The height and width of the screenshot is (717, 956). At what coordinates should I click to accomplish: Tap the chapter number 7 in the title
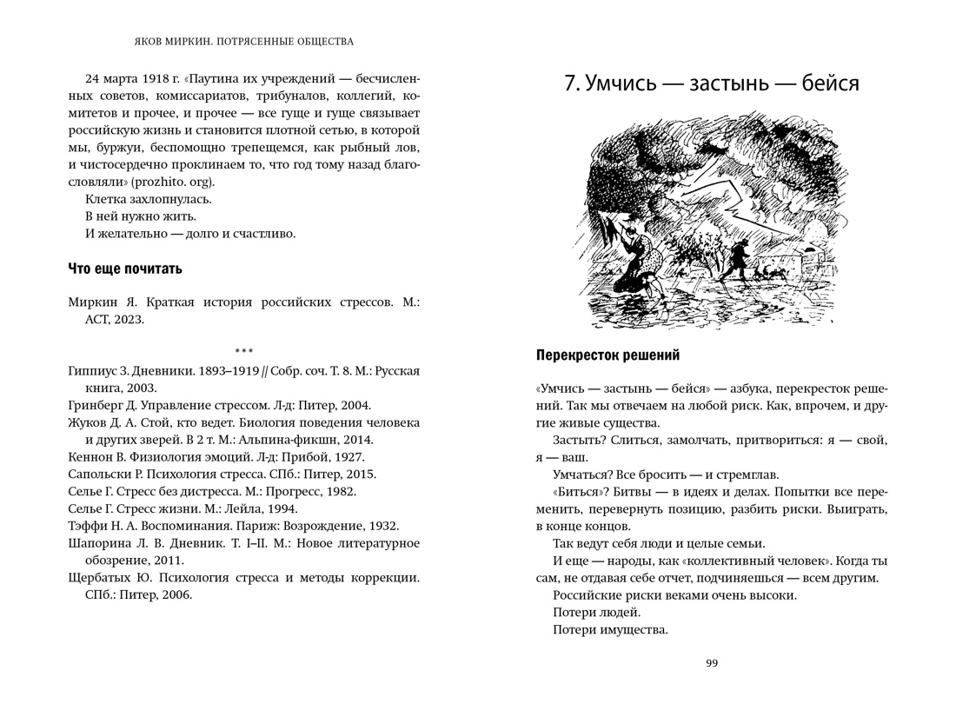570,83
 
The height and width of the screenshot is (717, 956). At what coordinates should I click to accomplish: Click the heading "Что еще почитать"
125,268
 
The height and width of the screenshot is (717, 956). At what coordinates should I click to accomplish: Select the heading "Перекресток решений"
607,355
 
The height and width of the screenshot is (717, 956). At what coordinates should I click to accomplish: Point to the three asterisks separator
243,351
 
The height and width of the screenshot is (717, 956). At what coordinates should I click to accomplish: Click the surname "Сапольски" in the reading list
98,475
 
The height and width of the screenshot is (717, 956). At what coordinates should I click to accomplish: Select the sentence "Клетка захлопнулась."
148,199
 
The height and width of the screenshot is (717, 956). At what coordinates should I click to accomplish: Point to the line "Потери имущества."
610,629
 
